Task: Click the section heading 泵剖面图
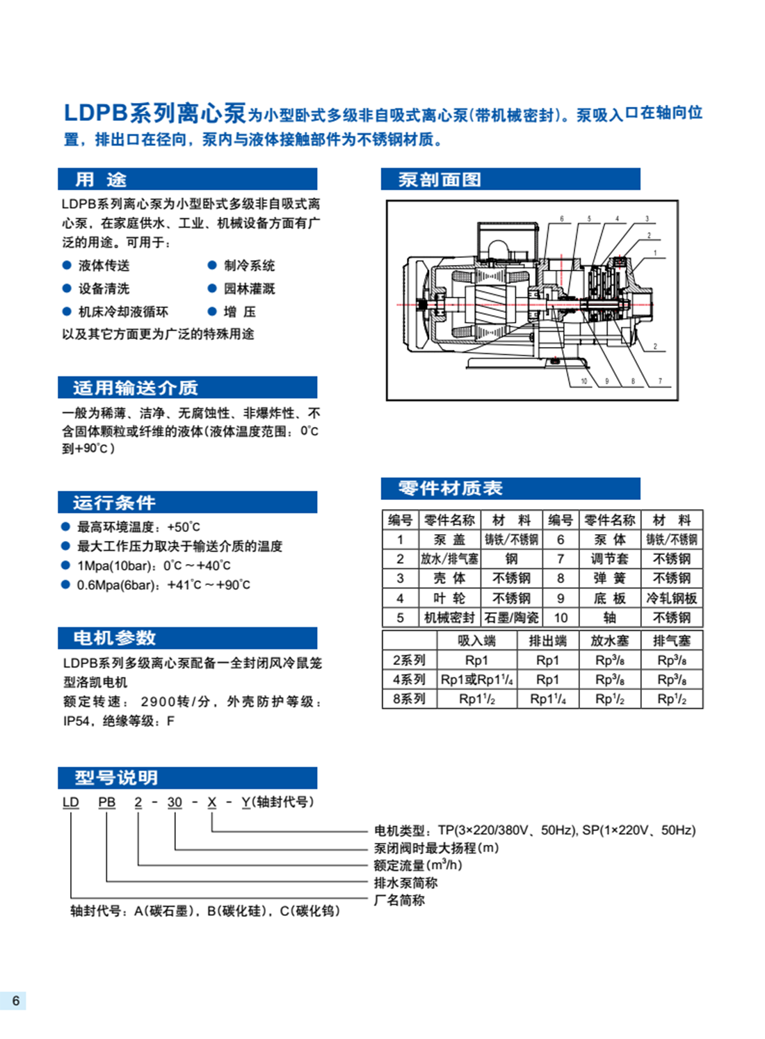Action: [439, 179]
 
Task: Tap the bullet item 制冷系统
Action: [249, 266]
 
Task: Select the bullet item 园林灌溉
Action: [249, 289]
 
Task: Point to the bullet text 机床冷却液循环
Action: [123, 312]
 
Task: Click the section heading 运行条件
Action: [114, 503]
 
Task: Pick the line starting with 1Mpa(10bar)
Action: [153, 566]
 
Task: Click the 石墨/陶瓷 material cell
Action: [511, 618]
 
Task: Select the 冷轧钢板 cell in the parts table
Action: [671, 598]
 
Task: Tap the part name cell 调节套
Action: [609, 559]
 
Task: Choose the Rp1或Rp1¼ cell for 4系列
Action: [477, 679]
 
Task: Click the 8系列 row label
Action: [409, 699]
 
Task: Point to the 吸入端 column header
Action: [476, 641]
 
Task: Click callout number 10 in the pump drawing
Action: [584, 381]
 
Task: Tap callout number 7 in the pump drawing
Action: [660, 381]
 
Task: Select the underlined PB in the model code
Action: [106, 803]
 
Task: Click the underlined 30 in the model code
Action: [175, 803]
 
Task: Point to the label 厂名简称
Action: [399, 900]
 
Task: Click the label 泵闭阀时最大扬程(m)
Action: [436, 848]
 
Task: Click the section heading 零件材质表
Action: [450, 488]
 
